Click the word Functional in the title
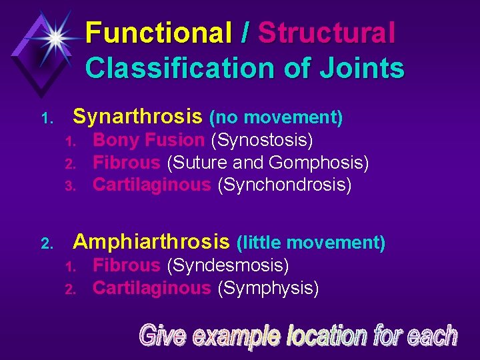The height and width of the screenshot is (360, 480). coord(157,33)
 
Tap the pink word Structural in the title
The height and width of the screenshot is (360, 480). coord(327,33)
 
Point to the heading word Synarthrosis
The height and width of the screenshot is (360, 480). coord(137,117)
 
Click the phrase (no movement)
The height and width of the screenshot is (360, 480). coord(276,118)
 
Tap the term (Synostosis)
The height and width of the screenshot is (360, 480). coord(262,140)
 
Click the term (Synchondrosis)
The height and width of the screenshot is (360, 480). coord(284,185)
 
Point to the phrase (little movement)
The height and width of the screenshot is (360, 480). coord(311,242)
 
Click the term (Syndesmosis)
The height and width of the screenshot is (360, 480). coord(227,265)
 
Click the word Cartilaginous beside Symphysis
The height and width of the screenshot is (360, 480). coord(151,288)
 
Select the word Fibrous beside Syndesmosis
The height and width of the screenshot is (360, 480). coord(127,265)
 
